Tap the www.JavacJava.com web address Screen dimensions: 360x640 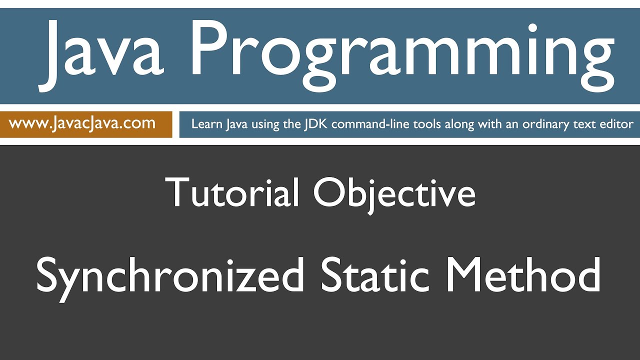[x=82, y=123]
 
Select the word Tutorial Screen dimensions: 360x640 [x=232, y=192]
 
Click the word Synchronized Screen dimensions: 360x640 [x=170, y=276]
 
